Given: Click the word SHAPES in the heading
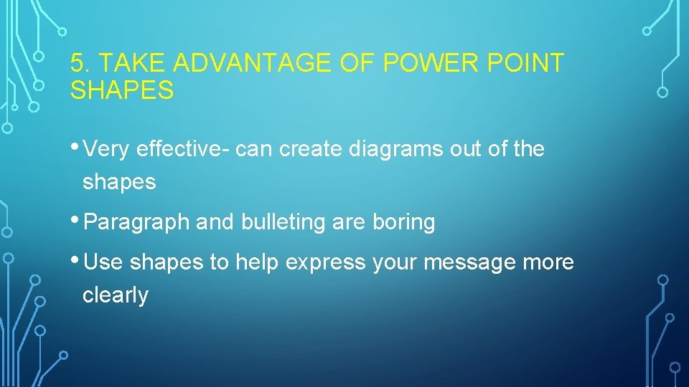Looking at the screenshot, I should [122, 91].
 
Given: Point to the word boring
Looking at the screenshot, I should [403, 223].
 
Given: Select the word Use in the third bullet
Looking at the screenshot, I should [103, 263].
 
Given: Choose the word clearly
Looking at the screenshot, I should [116, 295].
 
